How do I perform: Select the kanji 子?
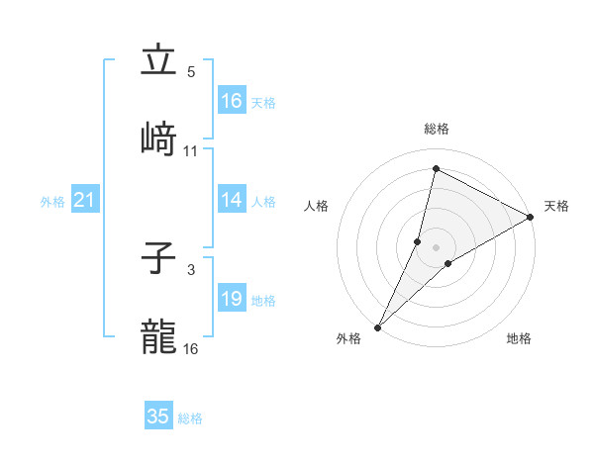[158, 259]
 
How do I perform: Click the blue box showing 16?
[231, 101]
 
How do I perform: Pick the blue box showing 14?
[231, 200]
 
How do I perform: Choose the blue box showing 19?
[231, 299]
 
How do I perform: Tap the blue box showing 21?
[84, 201]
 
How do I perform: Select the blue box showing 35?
[158, 417]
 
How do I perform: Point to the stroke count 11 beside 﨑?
[191, 150]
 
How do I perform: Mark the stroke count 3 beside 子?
[191, 269]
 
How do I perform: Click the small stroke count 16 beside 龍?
[191, 348]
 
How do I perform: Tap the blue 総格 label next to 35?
[190, 418]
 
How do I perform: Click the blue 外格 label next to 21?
[52, 202]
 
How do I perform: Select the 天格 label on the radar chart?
[556, 206]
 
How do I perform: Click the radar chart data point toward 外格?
[378, 326]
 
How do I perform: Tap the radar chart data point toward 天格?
[531, 217]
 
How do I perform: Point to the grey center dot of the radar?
[436, 247]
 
